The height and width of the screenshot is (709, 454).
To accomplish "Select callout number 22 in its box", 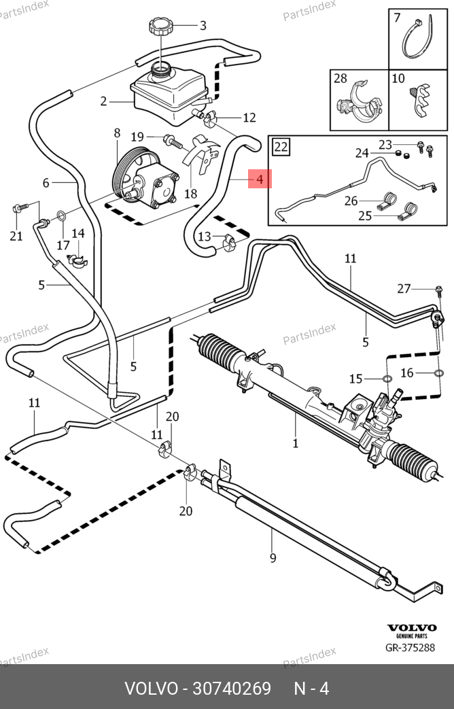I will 281,146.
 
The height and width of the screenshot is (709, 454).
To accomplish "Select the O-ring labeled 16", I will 438,373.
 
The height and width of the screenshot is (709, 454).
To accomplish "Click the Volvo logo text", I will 411,627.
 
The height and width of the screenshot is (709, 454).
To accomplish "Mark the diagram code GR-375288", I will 411,648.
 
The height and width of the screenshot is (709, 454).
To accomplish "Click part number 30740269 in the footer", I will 232,689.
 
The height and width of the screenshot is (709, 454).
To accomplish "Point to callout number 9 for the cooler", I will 273,559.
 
